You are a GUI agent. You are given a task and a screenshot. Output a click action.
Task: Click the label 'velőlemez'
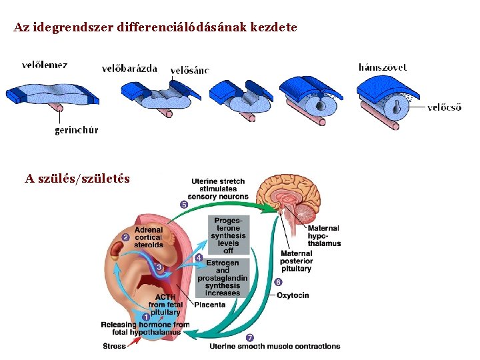pos(44,65)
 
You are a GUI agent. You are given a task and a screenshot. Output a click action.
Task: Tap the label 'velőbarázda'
pos(129,68)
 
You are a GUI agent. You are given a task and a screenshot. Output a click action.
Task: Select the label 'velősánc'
pos(190,70)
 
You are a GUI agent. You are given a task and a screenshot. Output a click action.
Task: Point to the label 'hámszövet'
pos(383,67)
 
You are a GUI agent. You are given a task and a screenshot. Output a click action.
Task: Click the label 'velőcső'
pos(444,107)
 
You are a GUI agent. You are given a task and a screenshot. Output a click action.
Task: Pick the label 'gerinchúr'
pos(76,130)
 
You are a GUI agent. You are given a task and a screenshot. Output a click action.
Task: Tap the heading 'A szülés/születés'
pos(77,179)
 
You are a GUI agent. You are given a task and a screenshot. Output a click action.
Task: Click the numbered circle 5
pos(183,205)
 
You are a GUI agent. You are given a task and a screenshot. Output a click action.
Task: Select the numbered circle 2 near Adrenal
pos(125,237)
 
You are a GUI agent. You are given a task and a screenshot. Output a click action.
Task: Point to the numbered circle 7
pos(249,337)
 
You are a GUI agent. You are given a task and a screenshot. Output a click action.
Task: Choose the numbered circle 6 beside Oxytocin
pos(278,282)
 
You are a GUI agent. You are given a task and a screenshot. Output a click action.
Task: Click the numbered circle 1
pos(145,317)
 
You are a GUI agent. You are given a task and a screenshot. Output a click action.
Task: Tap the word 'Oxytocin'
pos(293,295)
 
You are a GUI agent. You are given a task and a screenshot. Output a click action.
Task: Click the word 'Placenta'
pos(210,305)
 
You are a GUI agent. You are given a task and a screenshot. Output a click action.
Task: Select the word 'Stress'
pos(114,346)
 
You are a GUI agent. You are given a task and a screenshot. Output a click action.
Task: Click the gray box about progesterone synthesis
pos(228,235)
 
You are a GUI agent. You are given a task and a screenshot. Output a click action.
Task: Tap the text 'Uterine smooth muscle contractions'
pos(275,346)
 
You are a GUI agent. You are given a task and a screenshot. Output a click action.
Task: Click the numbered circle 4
pos(199,257)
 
